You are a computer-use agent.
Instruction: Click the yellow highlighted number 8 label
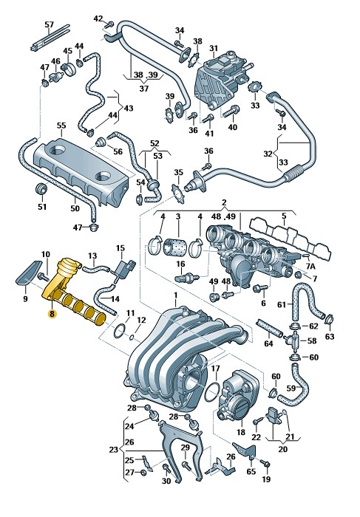point(52,314)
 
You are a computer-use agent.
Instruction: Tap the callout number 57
point(49,24)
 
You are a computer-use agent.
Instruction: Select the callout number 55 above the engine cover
point(61,126)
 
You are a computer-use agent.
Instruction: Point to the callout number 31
point(214,48)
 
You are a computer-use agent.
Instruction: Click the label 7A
point(311,266)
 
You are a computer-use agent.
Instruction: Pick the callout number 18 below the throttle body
point(241,432)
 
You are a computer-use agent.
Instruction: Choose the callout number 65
point(251,471)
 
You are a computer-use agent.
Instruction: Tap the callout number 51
point(42,207)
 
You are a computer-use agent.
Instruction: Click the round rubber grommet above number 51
point(41,188)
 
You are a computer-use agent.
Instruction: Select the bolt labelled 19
point(265,464)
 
